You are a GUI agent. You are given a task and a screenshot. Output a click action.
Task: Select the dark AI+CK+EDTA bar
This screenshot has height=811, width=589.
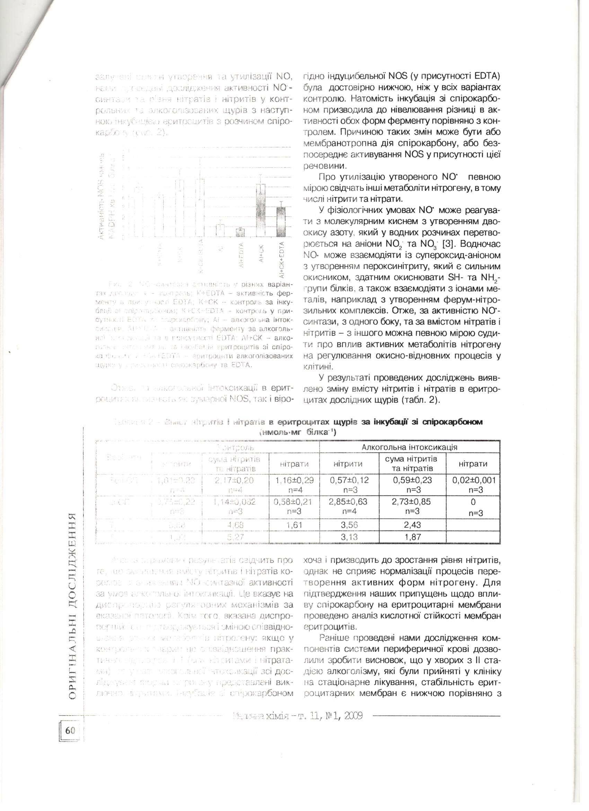[x=282, y=222]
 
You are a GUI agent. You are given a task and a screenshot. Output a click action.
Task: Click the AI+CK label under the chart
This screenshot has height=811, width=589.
[x=262, y=253]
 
